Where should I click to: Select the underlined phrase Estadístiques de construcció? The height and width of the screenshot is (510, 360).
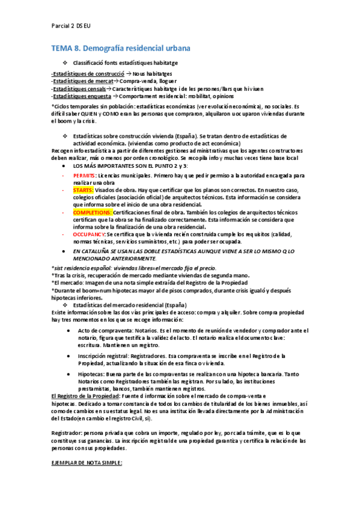(83, 73)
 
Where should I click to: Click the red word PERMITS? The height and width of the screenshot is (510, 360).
(83, 174)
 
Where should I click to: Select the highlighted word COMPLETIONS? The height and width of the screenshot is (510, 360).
(92, 212)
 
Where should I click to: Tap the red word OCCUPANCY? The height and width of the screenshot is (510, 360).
(87, 235)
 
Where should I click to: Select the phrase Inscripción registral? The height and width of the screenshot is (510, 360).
(108, 356)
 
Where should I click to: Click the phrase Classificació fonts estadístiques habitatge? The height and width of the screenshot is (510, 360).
(125, 63)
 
